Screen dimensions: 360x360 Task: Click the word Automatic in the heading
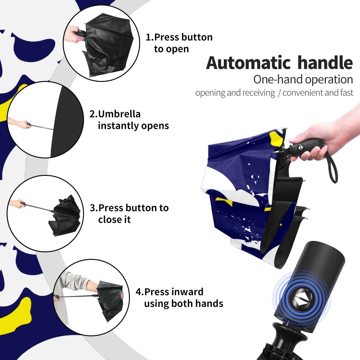[x=248, y=63]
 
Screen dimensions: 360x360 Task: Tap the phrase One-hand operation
[x=303, y=80]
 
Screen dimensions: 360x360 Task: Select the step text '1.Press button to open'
[x=179, y=43]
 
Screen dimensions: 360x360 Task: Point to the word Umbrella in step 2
[x=119, y=114]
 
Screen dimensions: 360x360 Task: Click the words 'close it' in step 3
[x=114, y=220]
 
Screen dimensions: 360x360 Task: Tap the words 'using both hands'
[x=184, y=304]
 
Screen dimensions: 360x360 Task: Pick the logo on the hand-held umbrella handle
[x=300, y=147]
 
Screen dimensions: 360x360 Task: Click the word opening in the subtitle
[x=210, y=93]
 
